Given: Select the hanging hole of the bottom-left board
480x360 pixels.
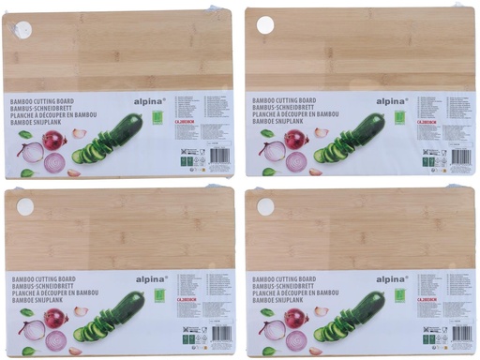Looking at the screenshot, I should pyautogui.click(x=25, y=206).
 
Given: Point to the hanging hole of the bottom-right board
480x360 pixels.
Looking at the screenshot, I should pyautogui.click(x=266, y=205).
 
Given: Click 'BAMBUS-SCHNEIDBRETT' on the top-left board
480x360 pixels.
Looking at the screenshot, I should pyautogui.click(x=47, y=105).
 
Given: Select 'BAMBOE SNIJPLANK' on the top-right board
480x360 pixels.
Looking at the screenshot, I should pyautogui.click(x=285, y=121).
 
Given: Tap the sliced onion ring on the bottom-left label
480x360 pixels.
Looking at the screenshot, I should pyautogui.click(x=55, y=342).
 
